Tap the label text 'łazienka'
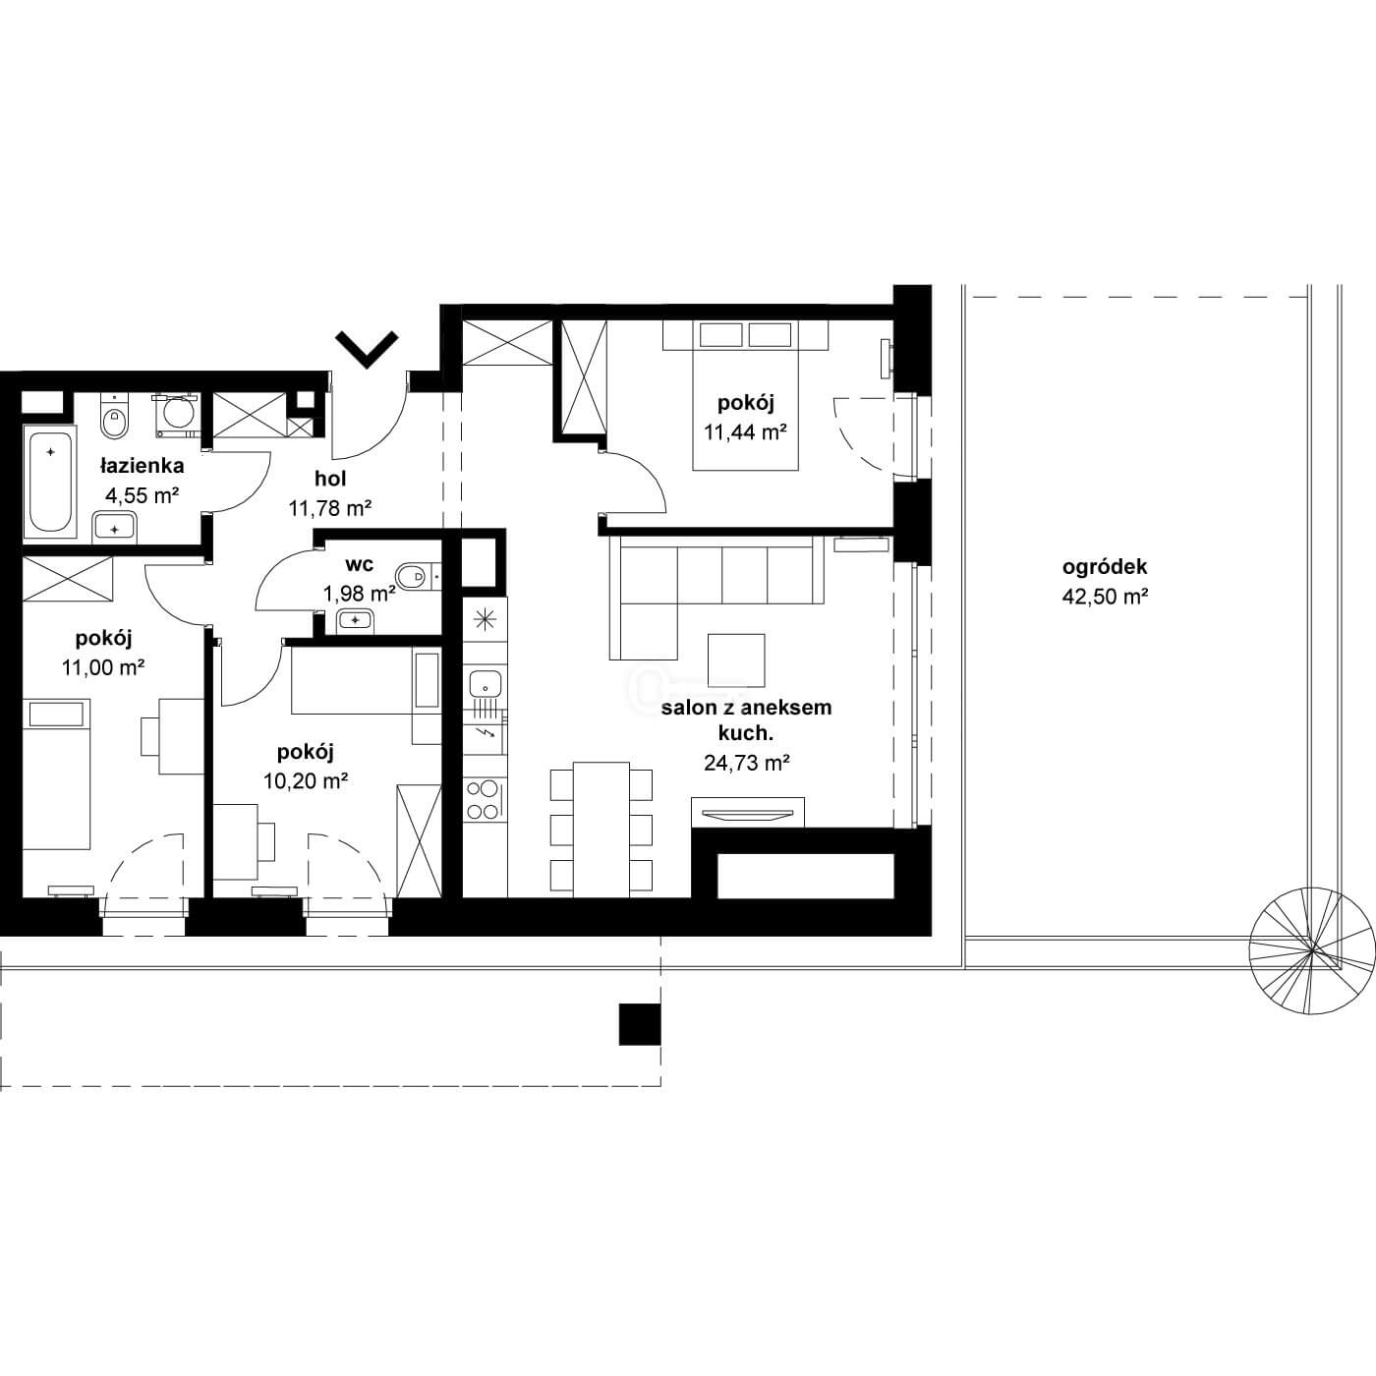[x=143, y=466]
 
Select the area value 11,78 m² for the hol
[x=330, y=508]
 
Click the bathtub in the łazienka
[x=50, y=482]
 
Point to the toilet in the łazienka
[x=114, y=417]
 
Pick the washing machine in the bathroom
[x=176, y=414]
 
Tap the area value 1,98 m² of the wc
[x=360, y=594]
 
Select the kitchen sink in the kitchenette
[x=486, y=685]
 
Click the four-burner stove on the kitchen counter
[x=485, y=800]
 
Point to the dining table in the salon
[x=602, y=829]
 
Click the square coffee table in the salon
[x=736, y=660]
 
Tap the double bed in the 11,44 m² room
[x=745, y=395]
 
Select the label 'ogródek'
[x=1105, y=567]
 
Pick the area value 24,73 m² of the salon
[x=746, y=764]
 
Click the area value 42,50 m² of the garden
[x=1105, y=597]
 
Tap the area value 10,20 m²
[x=306, y=781]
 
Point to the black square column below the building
[x=640, y=1025]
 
